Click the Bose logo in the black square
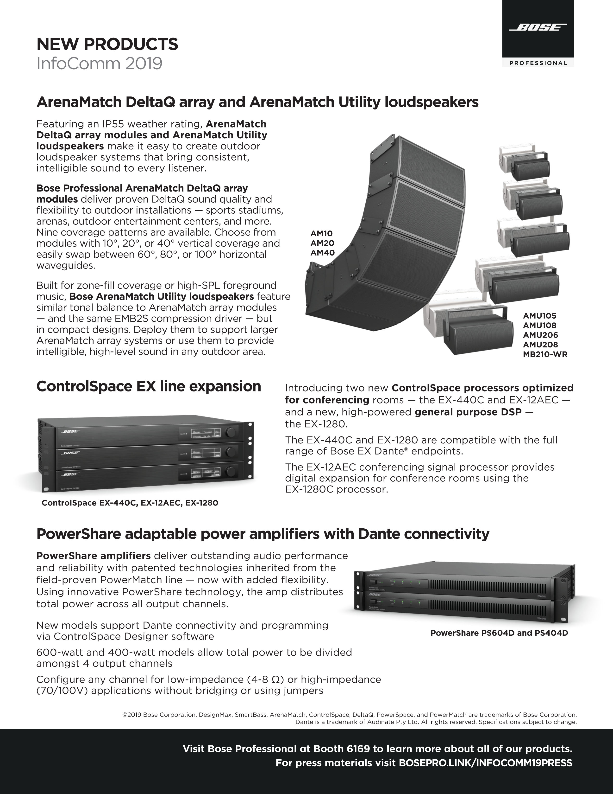(538, 28)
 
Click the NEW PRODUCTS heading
(107, 44)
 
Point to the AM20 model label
(322, 243)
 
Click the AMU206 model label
(540, 335)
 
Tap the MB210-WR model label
(545, 354)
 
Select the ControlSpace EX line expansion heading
(149, 386)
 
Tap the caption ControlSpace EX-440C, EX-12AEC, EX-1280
(130, 503)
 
